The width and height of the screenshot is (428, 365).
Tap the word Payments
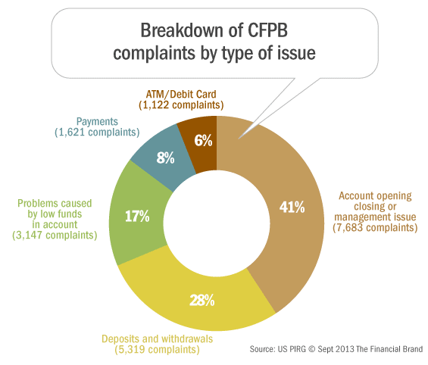coord(96,121)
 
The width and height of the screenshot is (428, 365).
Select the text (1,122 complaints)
coord(177,105)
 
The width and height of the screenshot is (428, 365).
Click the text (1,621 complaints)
coord(96,133)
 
